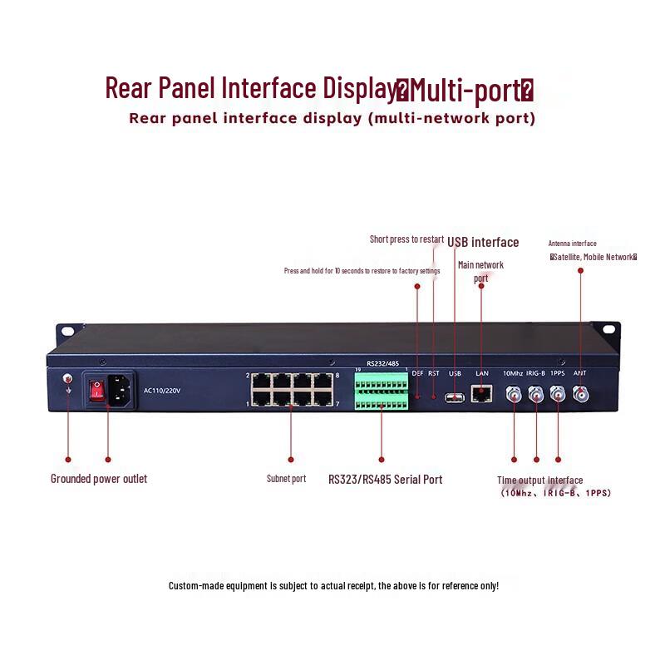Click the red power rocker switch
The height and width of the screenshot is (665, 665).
(x=96, y=390)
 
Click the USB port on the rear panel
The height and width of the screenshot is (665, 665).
(x=455, y=397)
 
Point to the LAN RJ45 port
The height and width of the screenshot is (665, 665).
(x=481, y=395)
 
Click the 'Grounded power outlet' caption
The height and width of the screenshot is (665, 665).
(x=99, y=479)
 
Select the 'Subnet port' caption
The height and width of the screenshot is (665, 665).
(x=286, y=479)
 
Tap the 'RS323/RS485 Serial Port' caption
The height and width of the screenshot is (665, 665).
(x=385, y=480)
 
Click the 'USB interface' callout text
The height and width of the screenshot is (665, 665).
(x=483, y=243)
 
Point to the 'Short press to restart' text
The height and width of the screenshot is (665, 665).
(x=406, y=239)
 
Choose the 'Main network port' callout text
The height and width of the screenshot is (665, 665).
(x=480, y=271)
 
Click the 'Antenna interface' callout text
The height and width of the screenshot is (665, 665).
(x=572, y=244)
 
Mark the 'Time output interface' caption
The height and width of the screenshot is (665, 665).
(x=539, y=480)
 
